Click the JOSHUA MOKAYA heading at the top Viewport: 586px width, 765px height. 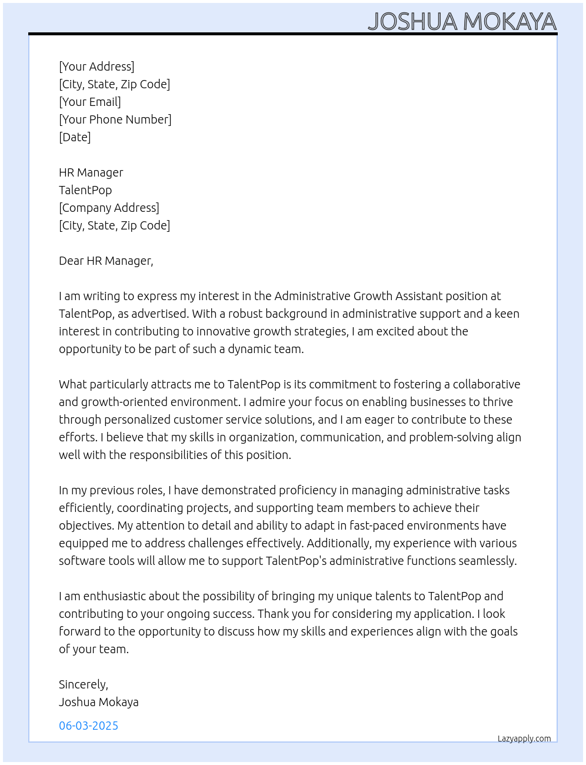click(x=462, y=21)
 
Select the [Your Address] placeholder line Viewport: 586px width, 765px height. click(x=96, y=66)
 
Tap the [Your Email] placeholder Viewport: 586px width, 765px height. click(x=90, y=102)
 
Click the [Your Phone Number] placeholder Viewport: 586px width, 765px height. click(x=115, y=119)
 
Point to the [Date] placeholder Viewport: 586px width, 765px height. click(x=75, y=137)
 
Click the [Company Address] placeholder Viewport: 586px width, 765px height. click(x=109, y=208)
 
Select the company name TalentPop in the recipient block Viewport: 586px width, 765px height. click(x=85, y=190)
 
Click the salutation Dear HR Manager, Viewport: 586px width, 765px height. click(x=106, y=261)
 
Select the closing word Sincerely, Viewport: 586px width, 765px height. click(x=84, y=684)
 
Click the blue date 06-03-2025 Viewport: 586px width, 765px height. click(x=89, y=726)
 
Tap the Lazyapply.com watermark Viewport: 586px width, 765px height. click(x=524, y=739)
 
